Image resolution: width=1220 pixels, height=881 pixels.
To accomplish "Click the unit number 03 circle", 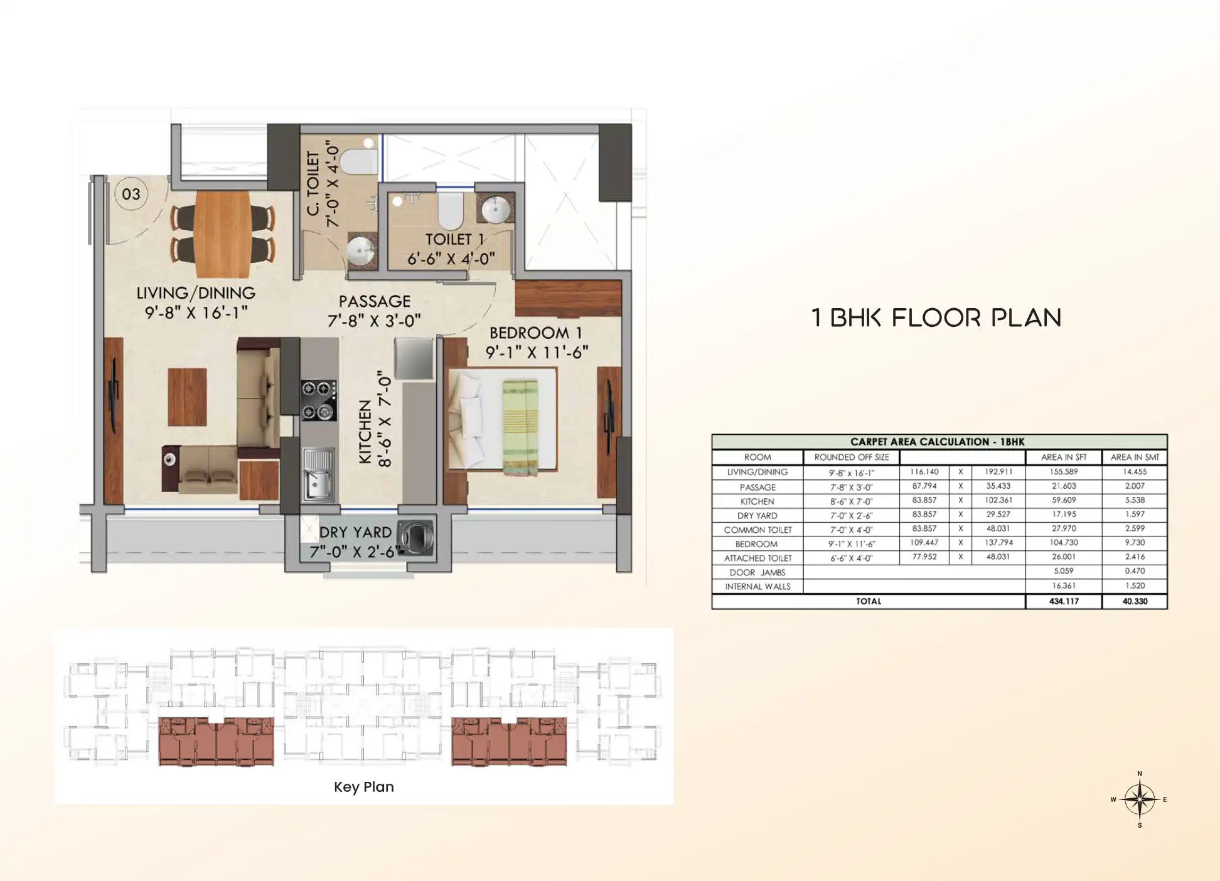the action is [x=131, y=194].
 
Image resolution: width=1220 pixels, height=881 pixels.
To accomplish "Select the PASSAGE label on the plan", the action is [x=375, y=301].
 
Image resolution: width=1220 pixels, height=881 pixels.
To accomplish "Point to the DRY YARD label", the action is [x=355, y=532].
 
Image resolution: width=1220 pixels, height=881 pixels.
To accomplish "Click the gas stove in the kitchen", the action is [x=318, y=400].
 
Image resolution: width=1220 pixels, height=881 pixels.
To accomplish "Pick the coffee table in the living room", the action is [x=187, y=397].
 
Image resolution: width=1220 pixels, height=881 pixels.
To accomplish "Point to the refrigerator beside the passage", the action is [x=414, y=359].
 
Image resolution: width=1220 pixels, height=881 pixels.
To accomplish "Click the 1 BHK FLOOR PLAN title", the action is [x=936, y=318].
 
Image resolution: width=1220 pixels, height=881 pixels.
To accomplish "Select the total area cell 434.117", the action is [x=1064, y=601].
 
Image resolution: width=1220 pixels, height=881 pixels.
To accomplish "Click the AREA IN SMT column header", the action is [x=1135, y=457].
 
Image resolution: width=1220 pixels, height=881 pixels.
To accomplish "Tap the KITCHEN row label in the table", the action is [x=757, y=501].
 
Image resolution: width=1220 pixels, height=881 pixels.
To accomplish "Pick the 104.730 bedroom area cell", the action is [x=1064, y=543].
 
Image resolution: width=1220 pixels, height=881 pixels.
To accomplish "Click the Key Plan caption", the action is [x=364, y=787].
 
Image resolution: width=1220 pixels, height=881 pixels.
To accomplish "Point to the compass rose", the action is [x=1140, y=799].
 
